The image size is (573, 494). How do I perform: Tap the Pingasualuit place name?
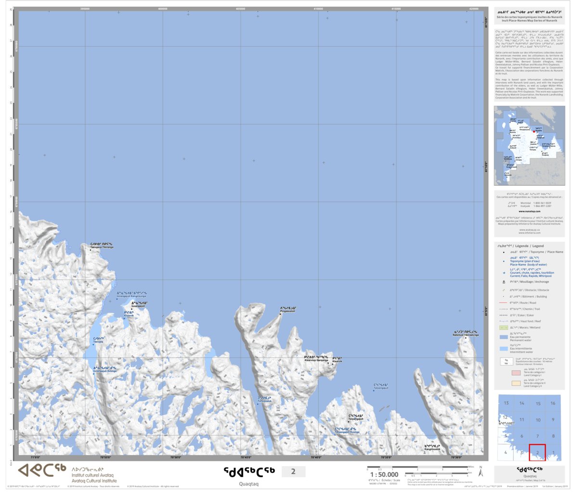coord(288,311)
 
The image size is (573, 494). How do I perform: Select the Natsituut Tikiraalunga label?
coord(466,335)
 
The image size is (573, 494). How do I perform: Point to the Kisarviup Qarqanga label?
coord(316,360)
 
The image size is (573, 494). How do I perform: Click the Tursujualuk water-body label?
coord(265,401)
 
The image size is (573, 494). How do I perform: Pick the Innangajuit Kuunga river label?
coord(105,371)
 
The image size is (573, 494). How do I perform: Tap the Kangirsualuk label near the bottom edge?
coord(432,449)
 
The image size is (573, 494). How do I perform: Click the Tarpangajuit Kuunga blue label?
coord(347,432)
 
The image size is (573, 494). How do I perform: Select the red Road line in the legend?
coord(503,303)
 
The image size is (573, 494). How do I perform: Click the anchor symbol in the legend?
coord(503,282)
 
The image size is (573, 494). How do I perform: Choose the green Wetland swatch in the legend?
coord(503,328)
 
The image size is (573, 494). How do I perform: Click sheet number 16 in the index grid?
coord(553,403)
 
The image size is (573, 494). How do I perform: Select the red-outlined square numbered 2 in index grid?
coord(537,452)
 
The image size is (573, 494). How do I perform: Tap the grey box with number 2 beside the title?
coord(293,471)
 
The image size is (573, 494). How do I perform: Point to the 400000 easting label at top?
coord(163,9)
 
